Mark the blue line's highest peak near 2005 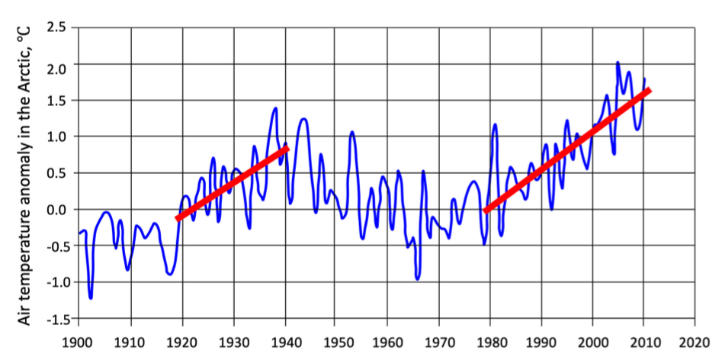pyautogui.click(x=618, y=63)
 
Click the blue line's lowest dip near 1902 pyautogui.click(x=91, y=297)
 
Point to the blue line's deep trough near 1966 pyautogui.click(x=417, y=278)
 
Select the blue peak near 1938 pyautogui.click(x=274, y=108)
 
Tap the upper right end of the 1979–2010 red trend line pyautogui.click(x=648, y=91)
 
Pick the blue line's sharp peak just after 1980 pyautogui.click(x=495, y=125)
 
